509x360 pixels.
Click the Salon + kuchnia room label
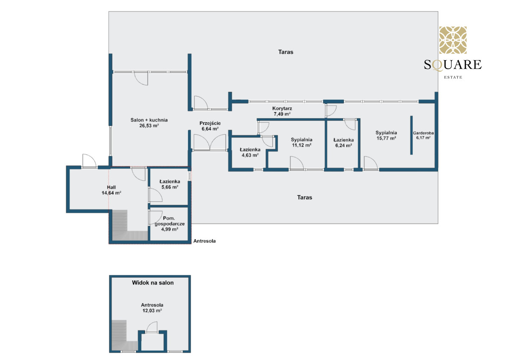click(149, 120)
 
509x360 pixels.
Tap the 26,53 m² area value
click(149, 126)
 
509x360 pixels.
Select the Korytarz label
click(282, 109)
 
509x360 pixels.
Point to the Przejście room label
click(210, 123)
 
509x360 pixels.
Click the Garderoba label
click(423, 133)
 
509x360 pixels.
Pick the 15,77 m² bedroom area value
click(386, 138)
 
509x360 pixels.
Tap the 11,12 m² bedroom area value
click(302, 145)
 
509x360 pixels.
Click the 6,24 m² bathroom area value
click(344, 145)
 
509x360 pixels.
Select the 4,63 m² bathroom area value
click(250, 155)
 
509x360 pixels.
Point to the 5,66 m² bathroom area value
click(170, 187)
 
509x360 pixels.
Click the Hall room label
click(111, 187)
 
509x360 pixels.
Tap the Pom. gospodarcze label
click(170, 221)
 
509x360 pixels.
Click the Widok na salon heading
click(153, 283)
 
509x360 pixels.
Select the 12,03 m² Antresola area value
click(152, 310)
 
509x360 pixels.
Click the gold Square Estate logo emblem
click(453, 40)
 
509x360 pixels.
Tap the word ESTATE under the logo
click(453, 77)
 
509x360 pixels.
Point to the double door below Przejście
click(210, 142)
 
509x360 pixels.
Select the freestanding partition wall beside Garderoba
click(411, 135)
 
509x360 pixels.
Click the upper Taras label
click(285, 52)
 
